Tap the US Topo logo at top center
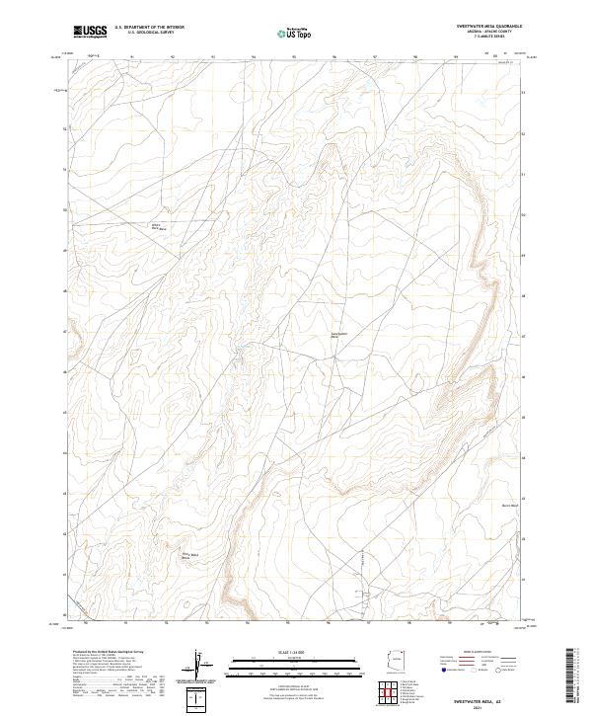[x=296, y=34]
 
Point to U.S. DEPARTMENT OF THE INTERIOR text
[x=156, y=28]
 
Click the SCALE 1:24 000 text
[x=296, y=651]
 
